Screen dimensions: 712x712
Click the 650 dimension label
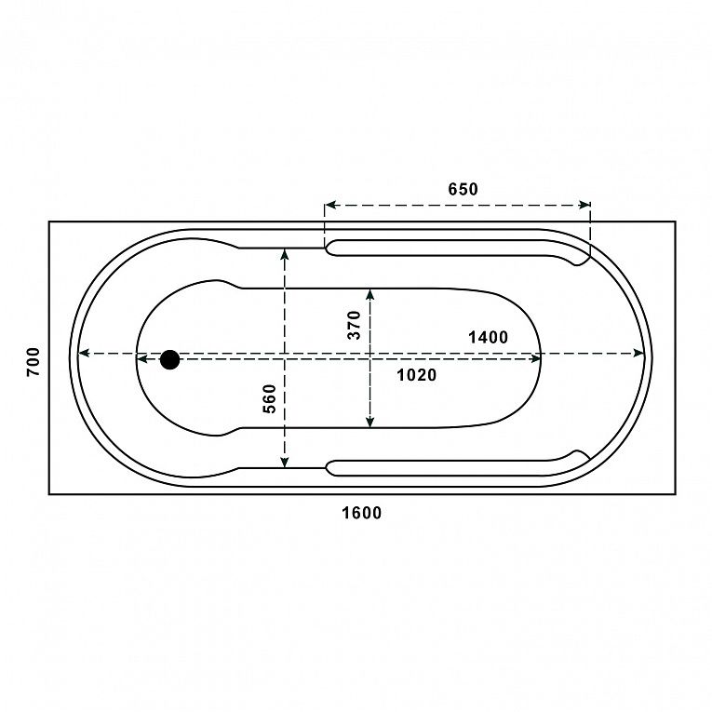coord(463,189)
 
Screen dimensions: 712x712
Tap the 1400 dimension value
coord(488,337)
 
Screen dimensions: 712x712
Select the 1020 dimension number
coord(416,375)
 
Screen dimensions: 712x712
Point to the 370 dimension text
coord(354,325)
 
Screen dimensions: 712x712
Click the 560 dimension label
coord(270,398)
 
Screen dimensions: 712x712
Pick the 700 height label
coord(34,362)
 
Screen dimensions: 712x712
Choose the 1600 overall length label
coord(361,513)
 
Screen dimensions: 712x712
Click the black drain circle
coord(169,359)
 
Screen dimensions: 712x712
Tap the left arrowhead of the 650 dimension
coord(330,206)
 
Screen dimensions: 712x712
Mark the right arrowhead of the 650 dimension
coord(584,206)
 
